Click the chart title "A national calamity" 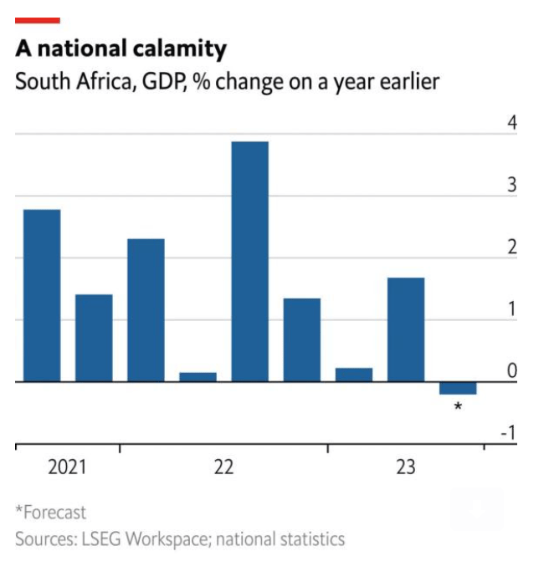[x=121, y=49]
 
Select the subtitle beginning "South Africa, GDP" [x=227, y=83]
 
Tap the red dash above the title [x=38, y=20]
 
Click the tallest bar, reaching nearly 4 [x=249, y=261]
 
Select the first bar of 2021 [x=42, y=295]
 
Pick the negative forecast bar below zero [x=458, y=388]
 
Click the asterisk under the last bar [x=458, y=406]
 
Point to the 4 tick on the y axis [x=511, y=124]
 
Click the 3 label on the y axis [x=511, y=186]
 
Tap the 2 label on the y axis [x=511, y=248]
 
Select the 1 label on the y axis [x=511, y=309]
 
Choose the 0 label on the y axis [x=511, y=371]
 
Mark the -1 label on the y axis [x=508, y=433]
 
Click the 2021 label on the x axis [x=67, y=467]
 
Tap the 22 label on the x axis [x=223, y=467]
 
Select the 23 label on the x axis [x=405, y=467]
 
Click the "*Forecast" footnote [x=50, y=512]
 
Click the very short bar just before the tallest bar [x=198, y=377]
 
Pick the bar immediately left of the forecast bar [x=405, y=329]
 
